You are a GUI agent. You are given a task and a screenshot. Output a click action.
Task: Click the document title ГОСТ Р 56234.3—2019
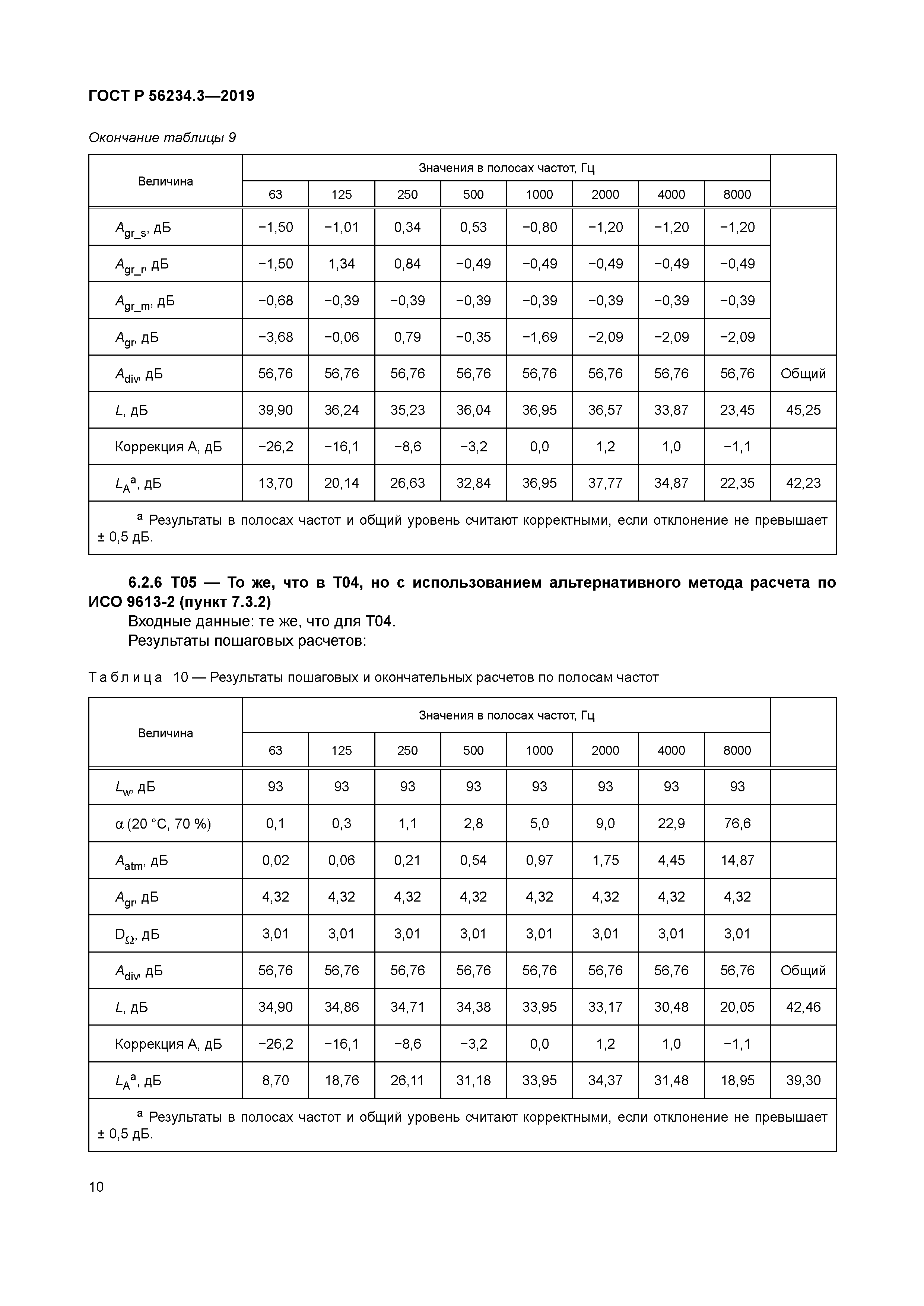(x=171, y=96)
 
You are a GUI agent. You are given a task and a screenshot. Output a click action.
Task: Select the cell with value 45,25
(x=803, y=410)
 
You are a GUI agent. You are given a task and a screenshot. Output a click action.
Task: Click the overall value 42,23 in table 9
(x=803, y=483)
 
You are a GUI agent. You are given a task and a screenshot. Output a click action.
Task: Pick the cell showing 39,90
(x=275, y=410)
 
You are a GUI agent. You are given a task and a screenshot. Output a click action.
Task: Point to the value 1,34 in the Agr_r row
(x=342, y=264)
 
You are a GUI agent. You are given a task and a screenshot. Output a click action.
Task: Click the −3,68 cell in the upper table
(x=275, y=337)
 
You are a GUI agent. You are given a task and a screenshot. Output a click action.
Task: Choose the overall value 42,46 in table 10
(x=803, y=1007)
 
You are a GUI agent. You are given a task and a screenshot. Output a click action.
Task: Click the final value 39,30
(x=803, y=1080)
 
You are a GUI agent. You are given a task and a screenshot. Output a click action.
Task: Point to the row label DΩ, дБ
(x=137, y=934)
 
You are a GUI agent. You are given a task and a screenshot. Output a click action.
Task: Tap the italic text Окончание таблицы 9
(x=162, y=138)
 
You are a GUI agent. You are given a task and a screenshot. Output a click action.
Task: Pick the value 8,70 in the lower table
(x=275, y=1080)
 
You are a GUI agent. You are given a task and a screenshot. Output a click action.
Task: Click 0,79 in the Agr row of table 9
(x=407, y=337)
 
